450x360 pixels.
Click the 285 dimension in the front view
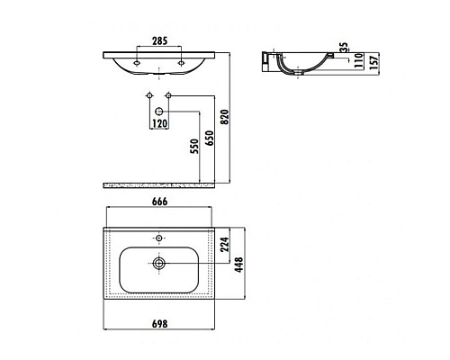coord(158,40)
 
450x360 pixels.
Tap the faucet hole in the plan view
coord(159,240)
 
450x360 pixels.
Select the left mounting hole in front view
coord(136,63)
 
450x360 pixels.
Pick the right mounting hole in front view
coord(181,63)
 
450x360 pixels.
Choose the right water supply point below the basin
coord(168,95)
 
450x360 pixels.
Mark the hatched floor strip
coord(158,185)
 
